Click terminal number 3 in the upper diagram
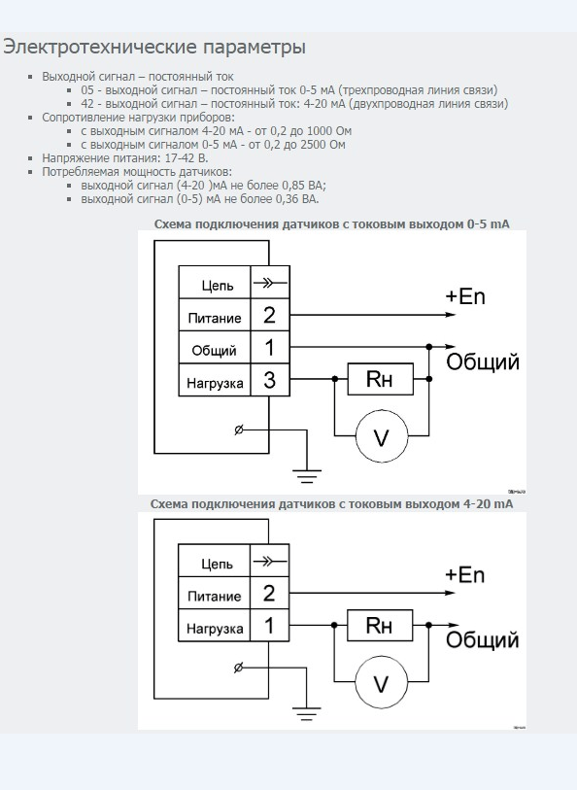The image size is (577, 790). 269,380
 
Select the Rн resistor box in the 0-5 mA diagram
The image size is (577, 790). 380,379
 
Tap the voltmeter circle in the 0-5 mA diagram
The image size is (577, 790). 381,435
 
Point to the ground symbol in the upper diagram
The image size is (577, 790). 307,476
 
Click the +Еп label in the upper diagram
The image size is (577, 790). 465,295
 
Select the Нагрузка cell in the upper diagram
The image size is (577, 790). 215,380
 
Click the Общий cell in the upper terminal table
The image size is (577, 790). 215,347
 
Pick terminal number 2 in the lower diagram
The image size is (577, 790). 269,593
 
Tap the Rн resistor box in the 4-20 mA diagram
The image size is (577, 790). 380,625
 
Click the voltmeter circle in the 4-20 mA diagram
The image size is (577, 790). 381,682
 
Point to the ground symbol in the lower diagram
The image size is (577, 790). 306,714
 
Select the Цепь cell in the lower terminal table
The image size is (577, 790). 214,561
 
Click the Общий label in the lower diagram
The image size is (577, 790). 482,639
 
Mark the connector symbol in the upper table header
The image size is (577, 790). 270,283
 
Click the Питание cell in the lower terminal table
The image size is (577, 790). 214,593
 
